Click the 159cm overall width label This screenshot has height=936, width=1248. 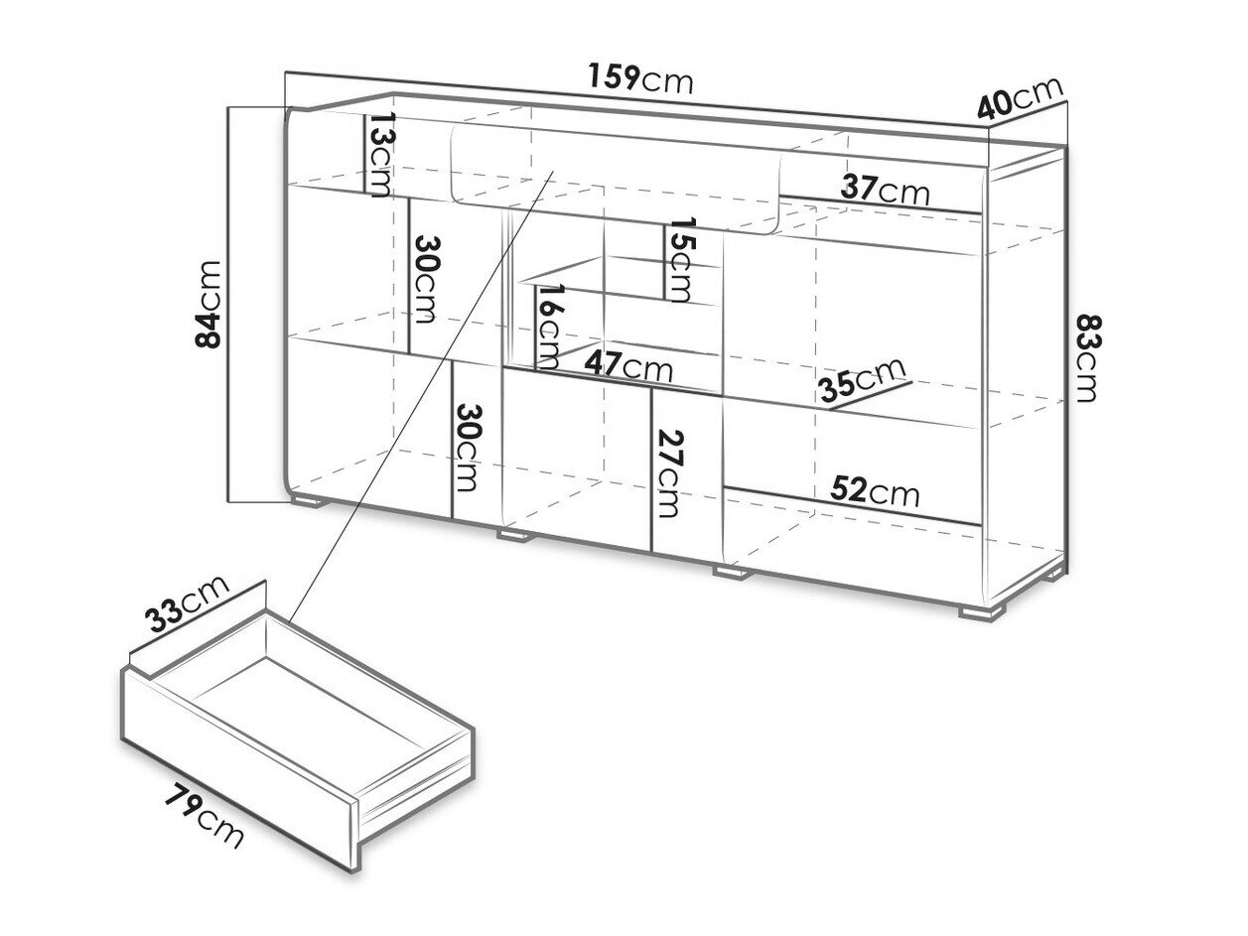tap(640, 79)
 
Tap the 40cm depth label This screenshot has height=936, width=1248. tap(1020, 105)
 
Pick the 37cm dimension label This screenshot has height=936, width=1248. tap(885, 190)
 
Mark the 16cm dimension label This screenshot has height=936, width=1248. tap(549, 327)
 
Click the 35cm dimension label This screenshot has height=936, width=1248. tap(862, 379)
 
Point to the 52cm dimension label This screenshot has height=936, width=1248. tap(874, 490)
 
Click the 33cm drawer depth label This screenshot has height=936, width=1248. tap(187, 603)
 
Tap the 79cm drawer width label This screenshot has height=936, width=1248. tap(204, 815)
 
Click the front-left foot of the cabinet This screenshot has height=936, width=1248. tap(308, 500)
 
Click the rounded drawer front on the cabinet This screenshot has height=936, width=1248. tap(617, 179)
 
